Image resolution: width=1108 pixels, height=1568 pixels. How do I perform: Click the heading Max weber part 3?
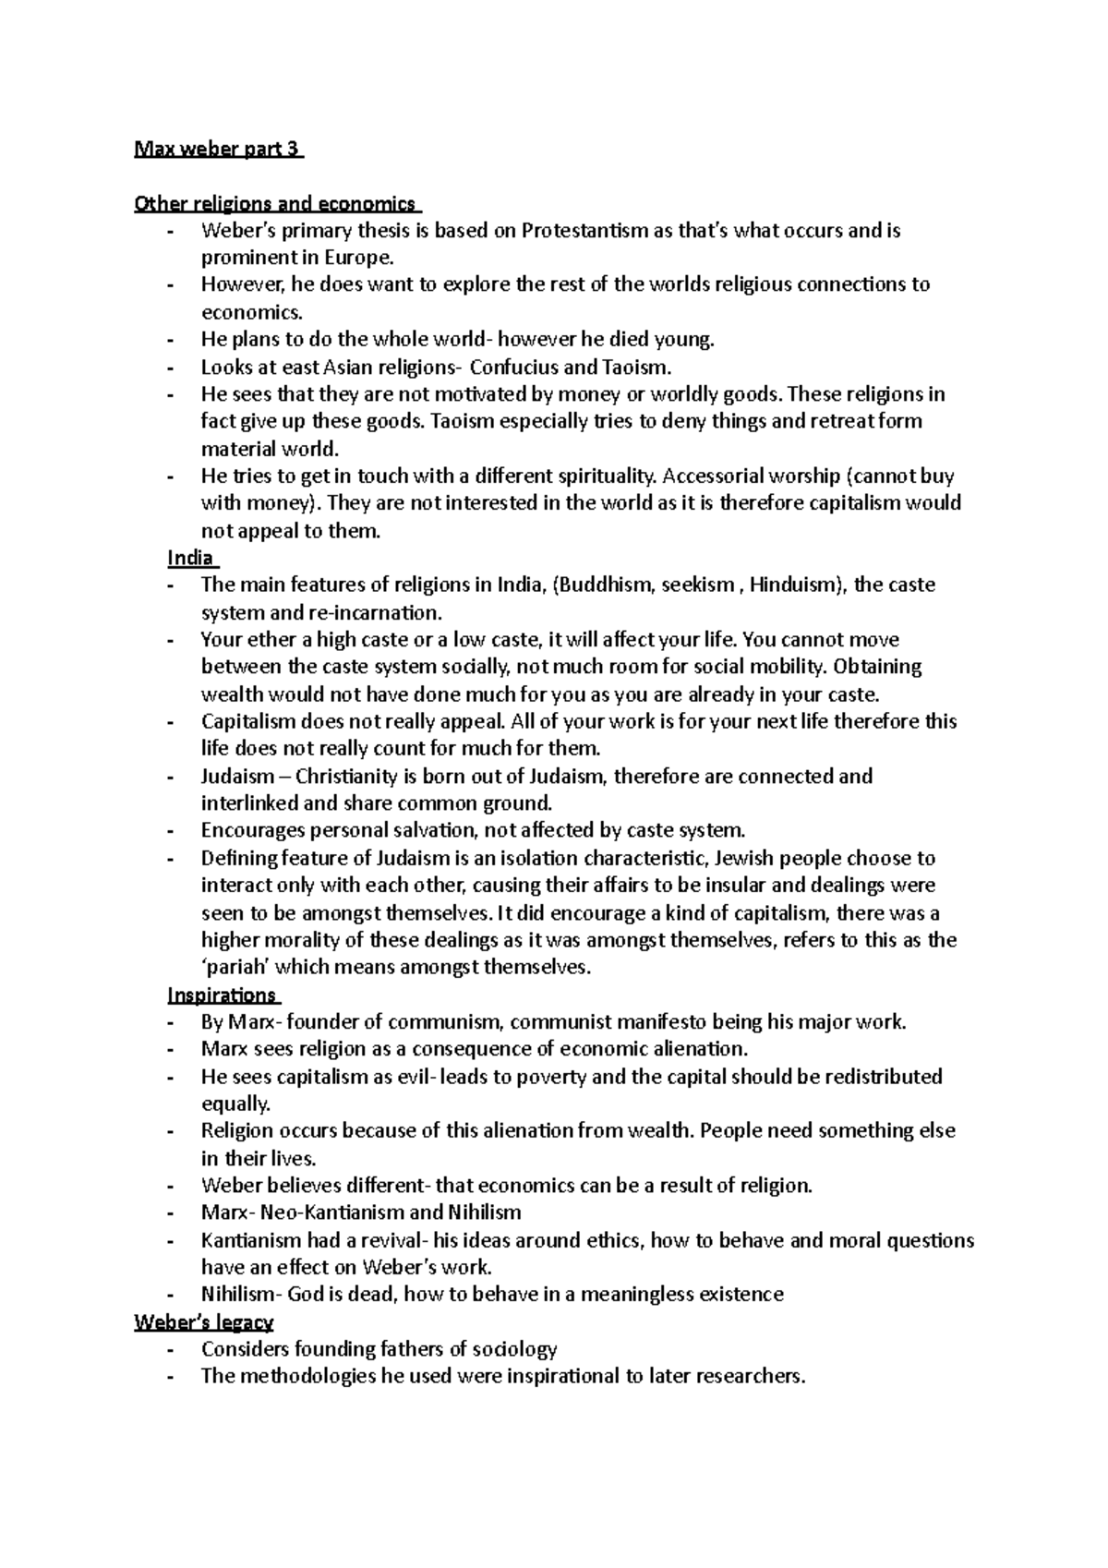click(x=218, y=150)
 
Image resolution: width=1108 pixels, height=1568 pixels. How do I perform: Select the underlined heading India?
click(x=191, y=558)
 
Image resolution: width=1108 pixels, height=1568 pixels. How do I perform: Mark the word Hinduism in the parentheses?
click(x=795, y=585)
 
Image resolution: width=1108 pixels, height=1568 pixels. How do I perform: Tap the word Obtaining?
click(x=878, y=667)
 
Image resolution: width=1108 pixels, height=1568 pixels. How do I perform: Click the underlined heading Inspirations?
click(x=223, y=995)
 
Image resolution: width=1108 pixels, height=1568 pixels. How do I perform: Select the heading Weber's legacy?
click(x=203, y=1322)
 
